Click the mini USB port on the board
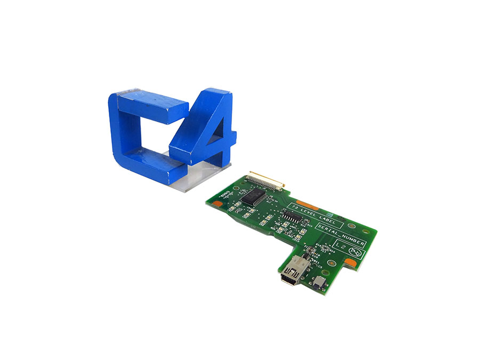[x=290, y=273]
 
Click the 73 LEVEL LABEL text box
[x=309, y=210]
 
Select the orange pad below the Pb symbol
[x=350, y=262]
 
